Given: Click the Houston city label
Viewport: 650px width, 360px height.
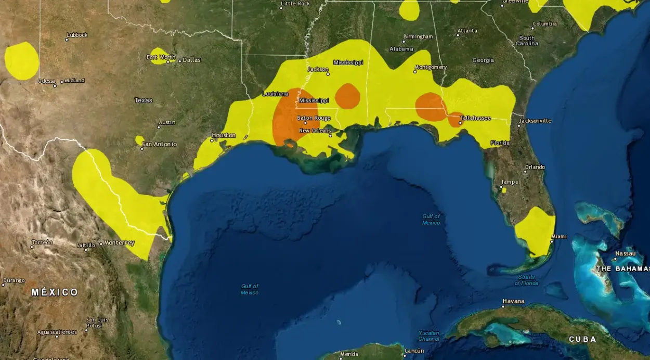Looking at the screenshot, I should point(224,135).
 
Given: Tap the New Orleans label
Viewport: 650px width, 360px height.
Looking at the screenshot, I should point(315,131).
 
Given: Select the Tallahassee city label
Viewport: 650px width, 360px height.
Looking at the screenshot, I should point(475,118).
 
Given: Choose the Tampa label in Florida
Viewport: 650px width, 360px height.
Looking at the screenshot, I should point(509,182).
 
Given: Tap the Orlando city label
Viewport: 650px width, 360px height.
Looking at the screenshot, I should point(535,167).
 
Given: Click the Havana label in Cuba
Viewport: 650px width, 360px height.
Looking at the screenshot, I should point(513,301).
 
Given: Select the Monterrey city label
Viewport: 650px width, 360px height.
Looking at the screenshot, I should point(119,243).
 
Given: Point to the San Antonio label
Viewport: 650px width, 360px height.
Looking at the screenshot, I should point(161,144).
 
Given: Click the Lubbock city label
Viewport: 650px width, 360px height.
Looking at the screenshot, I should point(77,35).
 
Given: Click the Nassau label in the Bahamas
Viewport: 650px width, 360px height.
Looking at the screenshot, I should point(625,253).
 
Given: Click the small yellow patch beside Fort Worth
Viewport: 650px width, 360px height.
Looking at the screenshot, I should point(158,56).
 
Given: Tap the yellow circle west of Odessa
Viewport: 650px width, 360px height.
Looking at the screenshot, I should point(22,61).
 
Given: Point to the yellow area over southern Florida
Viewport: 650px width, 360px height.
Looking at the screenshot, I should point(535,231).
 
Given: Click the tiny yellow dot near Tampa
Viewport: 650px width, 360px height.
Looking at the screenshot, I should point(503,190).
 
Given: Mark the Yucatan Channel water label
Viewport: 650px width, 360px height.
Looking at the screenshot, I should point(428,336).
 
